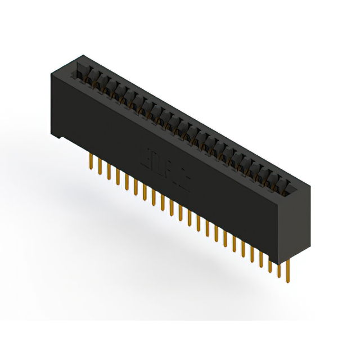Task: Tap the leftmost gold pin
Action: [91, 161]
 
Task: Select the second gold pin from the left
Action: [100, 165]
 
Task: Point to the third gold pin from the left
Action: [109, 170]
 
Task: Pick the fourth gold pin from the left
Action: [118, 175]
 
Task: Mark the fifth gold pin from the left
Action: [127, 180]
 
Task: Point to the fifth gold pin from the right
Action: [251, 251]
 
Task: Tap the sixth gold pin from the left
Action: [136, 185]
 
